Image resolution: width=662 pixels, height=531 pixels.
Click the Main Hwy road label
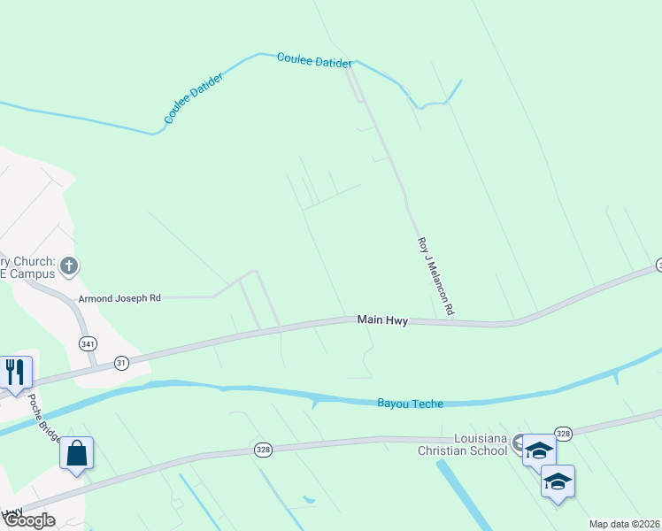[x=382, y=320]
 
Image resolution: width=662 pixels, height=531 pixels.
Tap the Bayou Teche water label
[x=410, y=404]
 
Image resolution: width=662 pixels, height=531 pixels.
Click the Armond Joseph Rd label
[x=119, y=299]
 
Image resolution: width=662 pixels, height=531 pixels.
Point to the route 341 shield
[x=87, y=342]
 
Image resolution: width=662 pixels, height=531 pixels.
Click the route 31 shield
[x=121, y=363]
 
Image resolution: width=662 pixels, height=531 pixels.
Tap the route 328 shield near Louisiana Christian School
[x=565, y=434]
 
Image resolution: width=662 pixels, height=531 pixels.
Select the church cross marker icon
[x=70, y=265]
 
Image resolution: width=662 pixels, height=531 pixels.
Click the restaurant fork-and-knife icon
[x=15, y=371]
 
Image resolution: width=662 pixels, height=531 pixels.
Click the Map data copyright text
[x=625, y=524]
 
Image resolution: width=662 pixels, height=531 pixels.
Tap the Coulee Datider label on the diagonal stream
[x=194, y=97]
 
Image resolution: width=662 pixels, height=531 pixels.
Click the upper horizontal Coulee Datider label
[x=314, y=60]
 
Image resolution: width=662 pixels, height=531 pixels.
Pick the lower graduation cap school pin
[x=558, y=481]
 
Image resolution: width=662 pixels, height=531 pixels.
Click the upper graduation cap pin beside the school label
[x=538, y=450]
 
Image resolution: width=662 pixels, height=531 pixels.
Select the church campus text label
[x=28, y=267]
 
